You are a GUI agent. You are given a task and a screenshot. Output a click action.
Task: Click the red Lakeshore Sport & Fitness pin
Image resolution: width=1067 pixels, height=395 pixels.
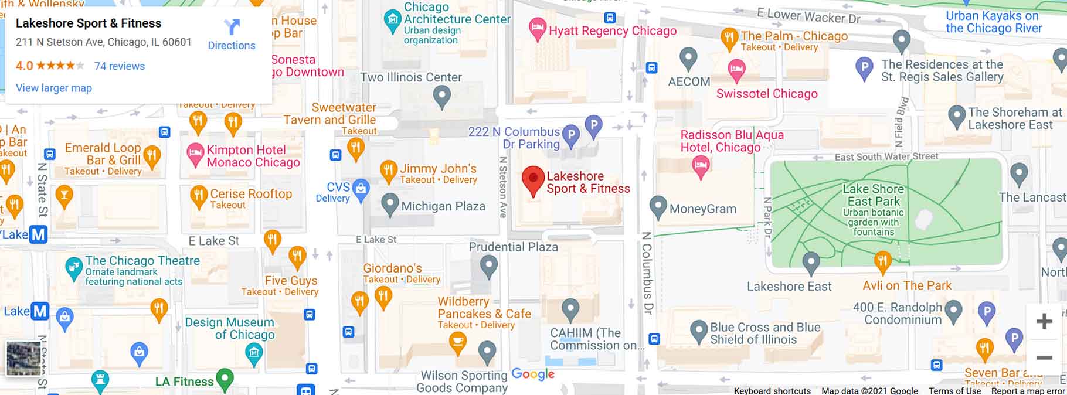pyautogui.click(x=533, y=179)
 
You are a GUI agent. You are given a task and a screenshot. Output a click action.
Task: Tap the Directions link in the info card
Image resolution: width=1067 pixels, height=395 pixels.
pyautogui.click(x=232, y=35)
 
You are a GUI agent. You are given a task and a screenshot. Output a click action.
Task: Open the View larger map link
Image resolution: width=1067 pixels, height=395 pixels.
pyautogui.click(x=54, y=88)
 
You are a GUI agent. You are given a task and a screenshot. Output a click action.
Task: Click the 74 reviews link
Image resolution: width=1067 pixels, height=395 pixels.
pyautogui.click(x=120, y=66)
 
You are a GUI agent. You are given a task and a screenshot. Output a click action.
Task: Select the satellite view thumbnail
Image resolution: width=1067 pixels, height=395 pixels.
pyautogui.click(x=23, y=358)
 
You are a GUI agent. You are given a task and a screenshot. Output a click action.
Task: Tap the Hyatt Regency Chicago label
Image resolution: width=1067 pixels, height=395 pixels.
pyautogui.click(x=612, y=31)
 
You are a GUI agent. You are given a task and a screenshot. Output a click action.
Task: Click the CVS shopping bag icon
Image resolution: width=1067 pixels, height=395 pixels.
pyautogui.click(x=361, y=189)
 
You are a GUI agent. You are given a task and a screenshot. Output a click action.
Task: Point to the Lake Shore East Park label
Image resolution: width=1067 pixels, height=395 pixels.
pyautogui.click(x=873, y=195)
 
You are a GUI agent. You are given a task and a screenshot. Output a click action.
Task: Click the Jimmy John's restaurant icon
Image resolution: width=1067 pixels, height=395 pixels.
pyautogui.click(x=388, y=171)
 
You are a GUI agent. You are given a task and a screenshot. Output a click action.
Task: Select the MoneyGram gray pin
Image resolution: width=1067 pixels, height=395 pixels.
pyautogui.click(x=658, y=206)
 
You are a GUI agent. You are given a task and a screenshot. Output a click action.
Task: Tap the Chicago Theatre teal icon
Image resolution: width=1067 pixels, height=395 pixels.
pyautogui.click(x=73, y=268)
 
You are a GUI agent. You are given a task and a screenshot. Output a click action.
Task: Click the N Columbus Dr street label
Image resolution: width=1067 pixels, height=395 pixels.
pyautogui.click(x=647, y=273)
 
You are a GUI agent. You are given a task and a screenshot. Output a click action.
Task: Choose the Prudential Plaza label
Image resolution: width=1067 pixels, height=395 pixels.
pyautogui.click(x=513, y=247)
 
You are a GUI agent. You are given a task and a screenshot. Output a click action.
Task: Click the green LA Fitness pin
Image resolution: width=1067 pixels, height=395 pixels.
pyautogui.click(x=225, y=379)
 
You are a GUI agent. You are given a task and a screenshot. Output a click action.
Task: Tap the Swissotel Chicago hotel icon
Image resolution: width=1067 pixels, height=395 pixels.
pyautogui.click(x=737, y=70)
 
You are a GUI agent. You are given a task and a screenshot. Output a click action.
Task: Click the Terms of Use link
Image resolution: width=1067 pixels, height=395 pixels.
pyautogui.click(x=954, y=391)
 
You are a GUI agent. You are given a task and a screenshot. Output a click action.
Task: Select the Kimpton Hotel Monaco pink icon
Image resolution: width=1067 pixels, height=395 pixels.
pyautogui.click(x=195, y=154)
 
